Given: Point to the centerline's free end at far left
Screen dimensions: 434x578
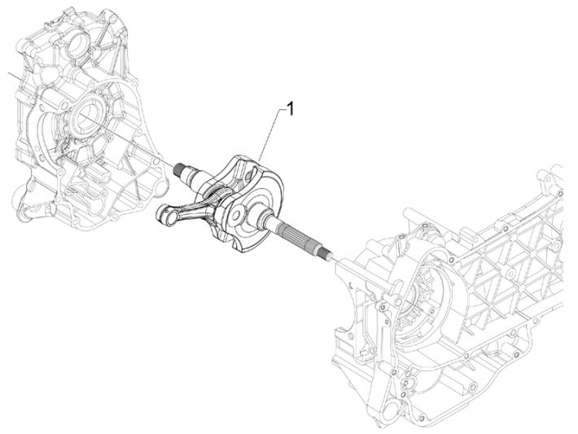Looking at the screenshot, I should pyautogui.click(x=10, y=74).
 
